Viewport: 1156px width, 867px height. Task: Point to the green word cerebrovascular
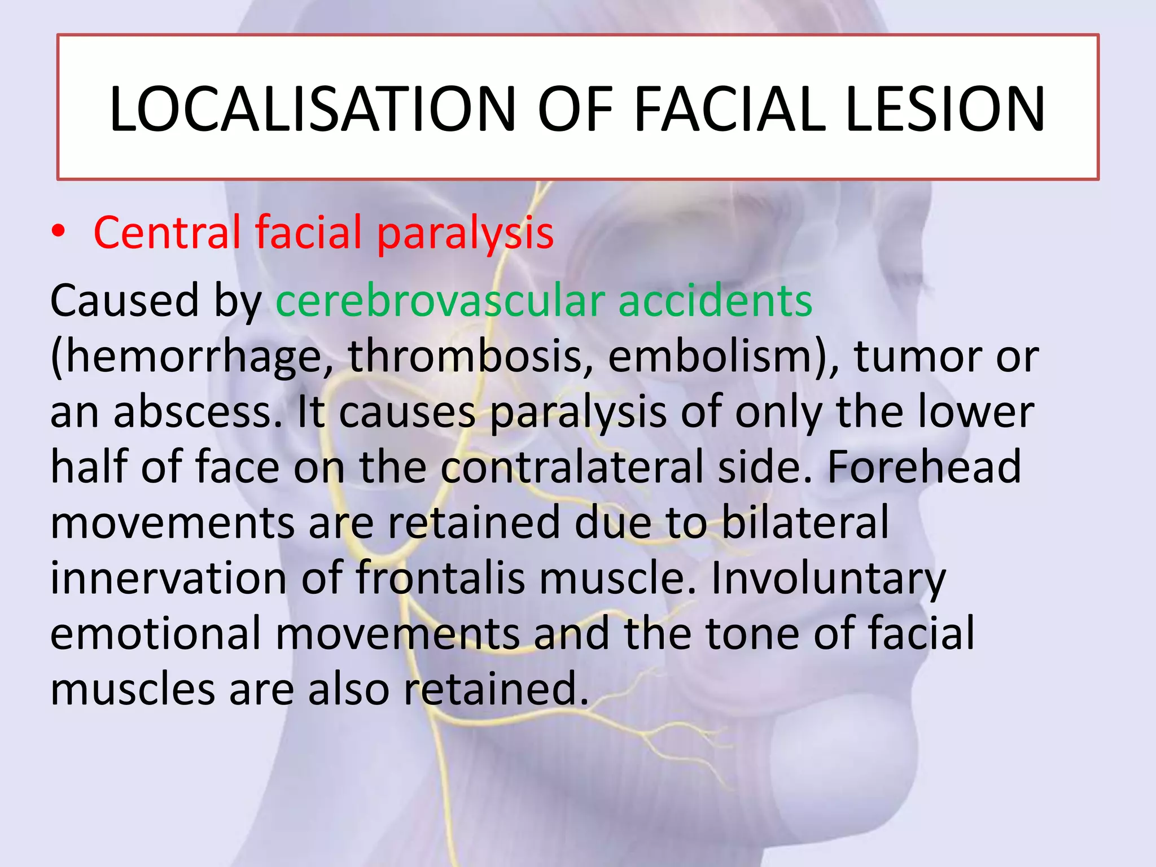click(440, 301)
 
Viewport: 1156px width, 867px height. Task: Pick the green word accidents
click(715, 301)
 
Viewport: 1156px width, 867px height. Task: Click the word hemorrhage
click(192, 357)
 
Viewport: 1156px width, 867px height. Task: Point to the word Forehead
click(924, 467)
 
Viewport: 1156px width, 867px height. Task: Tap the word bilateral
click(805, 523)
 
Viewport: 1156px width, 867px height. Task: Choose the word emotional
click(156, 633)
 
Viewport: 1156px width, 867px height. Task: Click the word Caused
click(124, 301)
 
